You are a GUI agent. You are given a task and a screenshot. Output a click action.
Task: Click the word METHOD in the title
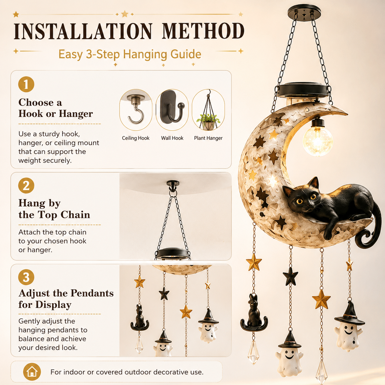(203, 31)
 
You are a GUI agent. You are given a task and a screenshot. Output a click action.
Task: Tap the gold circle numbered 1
(26, 84)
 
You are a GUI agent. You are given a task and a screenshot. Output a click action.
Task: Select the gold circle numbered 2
(26, 185)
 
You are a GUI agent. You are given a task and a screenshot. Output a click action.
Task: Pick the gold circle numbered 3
(26, 277)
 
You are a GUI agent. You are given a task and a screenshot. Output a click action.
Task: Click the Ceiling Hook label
(136, 138)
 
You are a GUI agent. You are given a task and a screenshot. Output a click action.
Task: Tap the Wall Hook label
(172, 138)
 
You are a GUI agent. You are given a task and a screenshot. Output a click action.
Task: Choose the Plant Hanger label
(208, 138)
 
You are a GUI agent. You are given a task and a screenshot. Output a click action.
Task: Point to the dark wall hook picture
(172, 107)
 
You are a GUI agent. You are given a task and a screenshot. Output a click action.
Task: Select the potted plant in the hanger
(208, 122)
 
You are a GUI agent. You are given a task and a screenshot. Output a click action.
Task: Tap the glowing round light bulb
(318, 141)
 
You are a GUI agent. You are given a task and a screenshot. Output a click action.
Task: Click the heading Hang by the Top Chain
(54, 209)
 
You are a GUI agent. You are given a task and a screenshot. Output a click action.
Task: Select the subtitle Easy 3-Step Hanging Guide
(130, 54)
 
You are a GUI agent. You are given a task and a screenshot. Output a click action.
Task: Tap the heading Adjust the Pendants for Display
(66, 299)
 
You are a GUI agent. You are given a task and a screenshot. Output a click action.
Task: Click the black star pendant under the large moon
(290, 276)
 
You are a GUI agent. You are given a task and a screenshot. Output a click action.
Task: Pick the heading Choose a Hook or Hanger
(56, 108)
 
